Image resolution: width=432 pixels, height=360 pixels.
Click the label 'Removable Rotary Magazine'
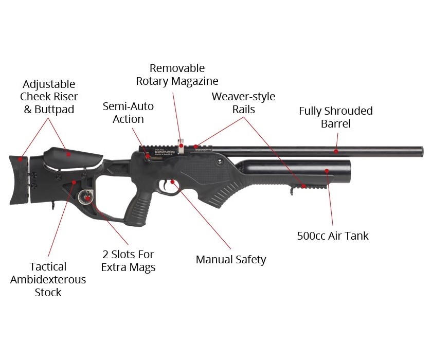coord(177,75)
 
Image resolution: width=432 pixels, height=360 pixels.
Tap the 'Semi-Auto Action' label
coord(128,113)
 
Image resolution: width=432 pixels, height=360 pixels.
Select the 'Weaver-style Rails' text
coord(244,103)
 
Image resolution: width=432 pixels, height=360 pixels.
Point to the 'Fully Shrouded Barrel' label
coord(335,117)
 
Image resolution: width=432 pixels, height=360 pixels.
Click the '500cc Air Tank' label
coord(333,236)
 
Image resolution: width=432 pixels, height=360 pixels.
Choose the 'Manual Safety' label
coord(231,260)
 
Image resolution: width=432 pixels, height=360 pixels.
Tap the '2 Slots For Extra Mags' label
coord(129,261)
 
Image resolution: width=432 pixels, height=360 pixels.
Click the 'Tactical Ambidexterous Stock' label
coord(48,279)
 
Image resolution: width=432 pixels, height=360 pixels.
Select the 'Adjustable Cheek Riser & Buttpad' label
coord(49,97)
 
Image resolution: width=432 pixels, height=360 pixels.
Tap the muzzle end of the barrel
coord(422,152)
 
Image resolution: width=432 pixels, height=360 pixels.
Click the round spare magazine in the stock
coord(85,197)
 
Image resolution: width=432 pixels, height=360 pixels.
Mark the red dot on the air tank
coord(327,171)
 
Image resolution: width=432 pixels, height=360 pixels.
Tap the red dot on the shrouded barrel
coord(336,151)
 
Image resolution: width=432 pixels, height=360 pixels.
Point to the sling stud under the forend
coord(292,191)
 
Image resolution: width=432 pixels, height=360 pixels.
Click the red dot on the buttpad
coord(21,159)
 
